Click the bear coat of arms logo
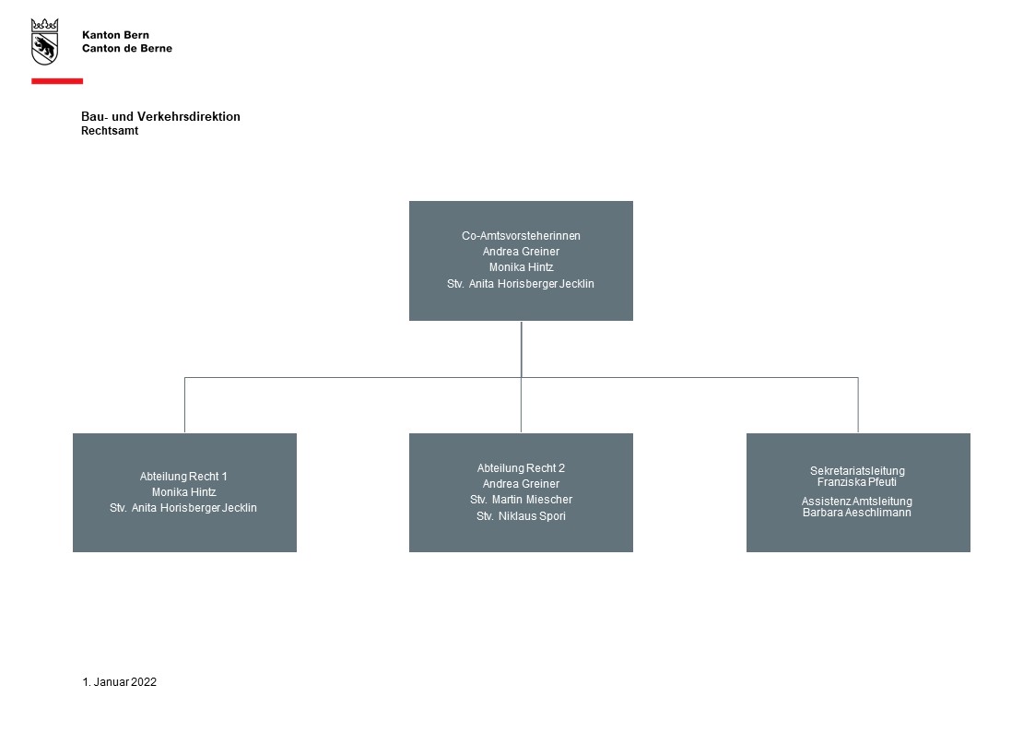(x=44, y=41)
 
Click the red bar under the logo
(x=57, y=81)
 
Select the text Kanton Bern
(x=115, y=35)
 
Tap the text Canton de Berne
(x=127, y=48)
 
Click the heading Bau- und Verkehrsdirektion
(x=160, y=117)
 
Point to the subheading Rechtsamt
(x=110, y=131)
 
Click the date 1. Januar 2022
(x=120, y=682)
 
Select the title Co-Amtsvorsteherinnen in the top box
(x=521, y=236)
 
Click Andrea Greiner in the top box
(x=521, y=252)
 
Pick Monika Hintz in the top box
(x=521, y=267)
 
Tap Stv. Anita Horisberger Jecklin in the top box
(x=521, y=284)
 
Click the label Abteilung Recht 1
(x=183, y=476)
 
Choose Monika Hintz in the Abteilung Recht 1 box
(x=183, y=491)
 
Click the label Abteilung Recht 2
(x=521, y=468)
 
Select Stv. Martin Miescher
(x=521, y=500)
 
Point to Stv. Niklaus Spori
(x=521, y=516)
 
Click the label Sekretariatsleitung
(x=857, y=470)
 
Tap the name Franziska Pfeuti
(x=857, y=482)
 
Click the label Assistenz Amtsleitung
(x=857, y=501)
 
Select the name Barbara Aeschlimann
(x=857, y=513)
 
